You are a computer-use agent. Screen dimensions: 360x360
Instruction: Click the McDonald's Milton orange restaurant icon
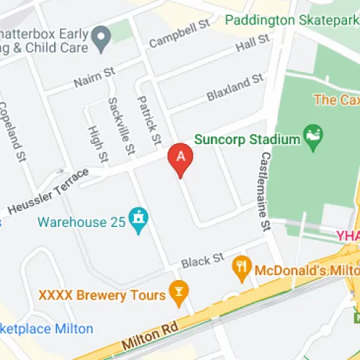tap(240, 271)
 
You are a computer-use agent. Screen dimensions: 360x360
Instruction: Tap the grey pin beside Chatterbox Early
tap(102, 34)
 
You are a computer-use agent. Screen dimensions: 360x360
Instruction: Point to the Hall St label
tap(256, 43)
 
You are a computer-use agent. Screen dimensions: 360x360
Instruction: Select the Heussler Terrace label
tap(48, 192)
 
